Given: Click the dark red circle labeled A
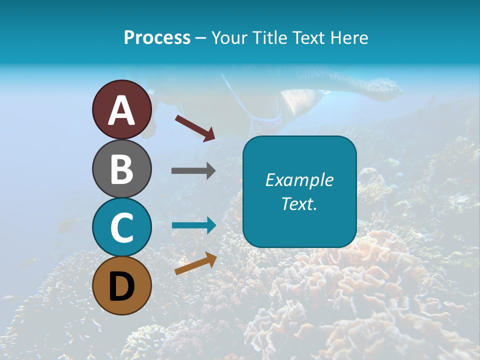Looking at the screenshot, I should tap(121, 109).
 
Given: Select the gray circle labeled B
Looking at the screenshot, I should tap(121, 168).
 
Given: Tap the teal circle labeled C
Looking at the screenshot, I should tap(121, 227).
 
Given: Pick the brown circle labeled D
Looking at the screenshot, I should tap(121, 285).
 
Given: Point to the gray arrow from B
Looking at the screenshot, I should tap(193, 171).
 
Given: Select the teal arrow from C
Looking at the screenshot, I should tap(193, 225).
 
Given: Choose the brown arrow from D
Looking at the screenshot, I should tap(195, 263).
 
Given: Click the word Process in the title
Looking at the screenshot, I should tap(157, 37).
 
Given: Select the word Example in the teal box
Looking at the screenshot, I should tap(299, 180).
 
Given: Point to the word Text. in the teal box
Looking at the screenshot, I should tap(299, 203).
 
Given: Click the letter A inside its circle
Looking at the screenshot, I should tap(121, 110).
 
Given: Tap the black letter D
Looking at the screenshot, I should tap(121, 286).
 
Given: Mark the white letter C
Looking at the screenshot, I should tap(121, 227).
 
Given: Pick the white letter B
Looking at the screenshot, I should tap(121, 169).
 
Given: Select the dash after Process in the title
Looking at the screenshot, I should tap(200, 38).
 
